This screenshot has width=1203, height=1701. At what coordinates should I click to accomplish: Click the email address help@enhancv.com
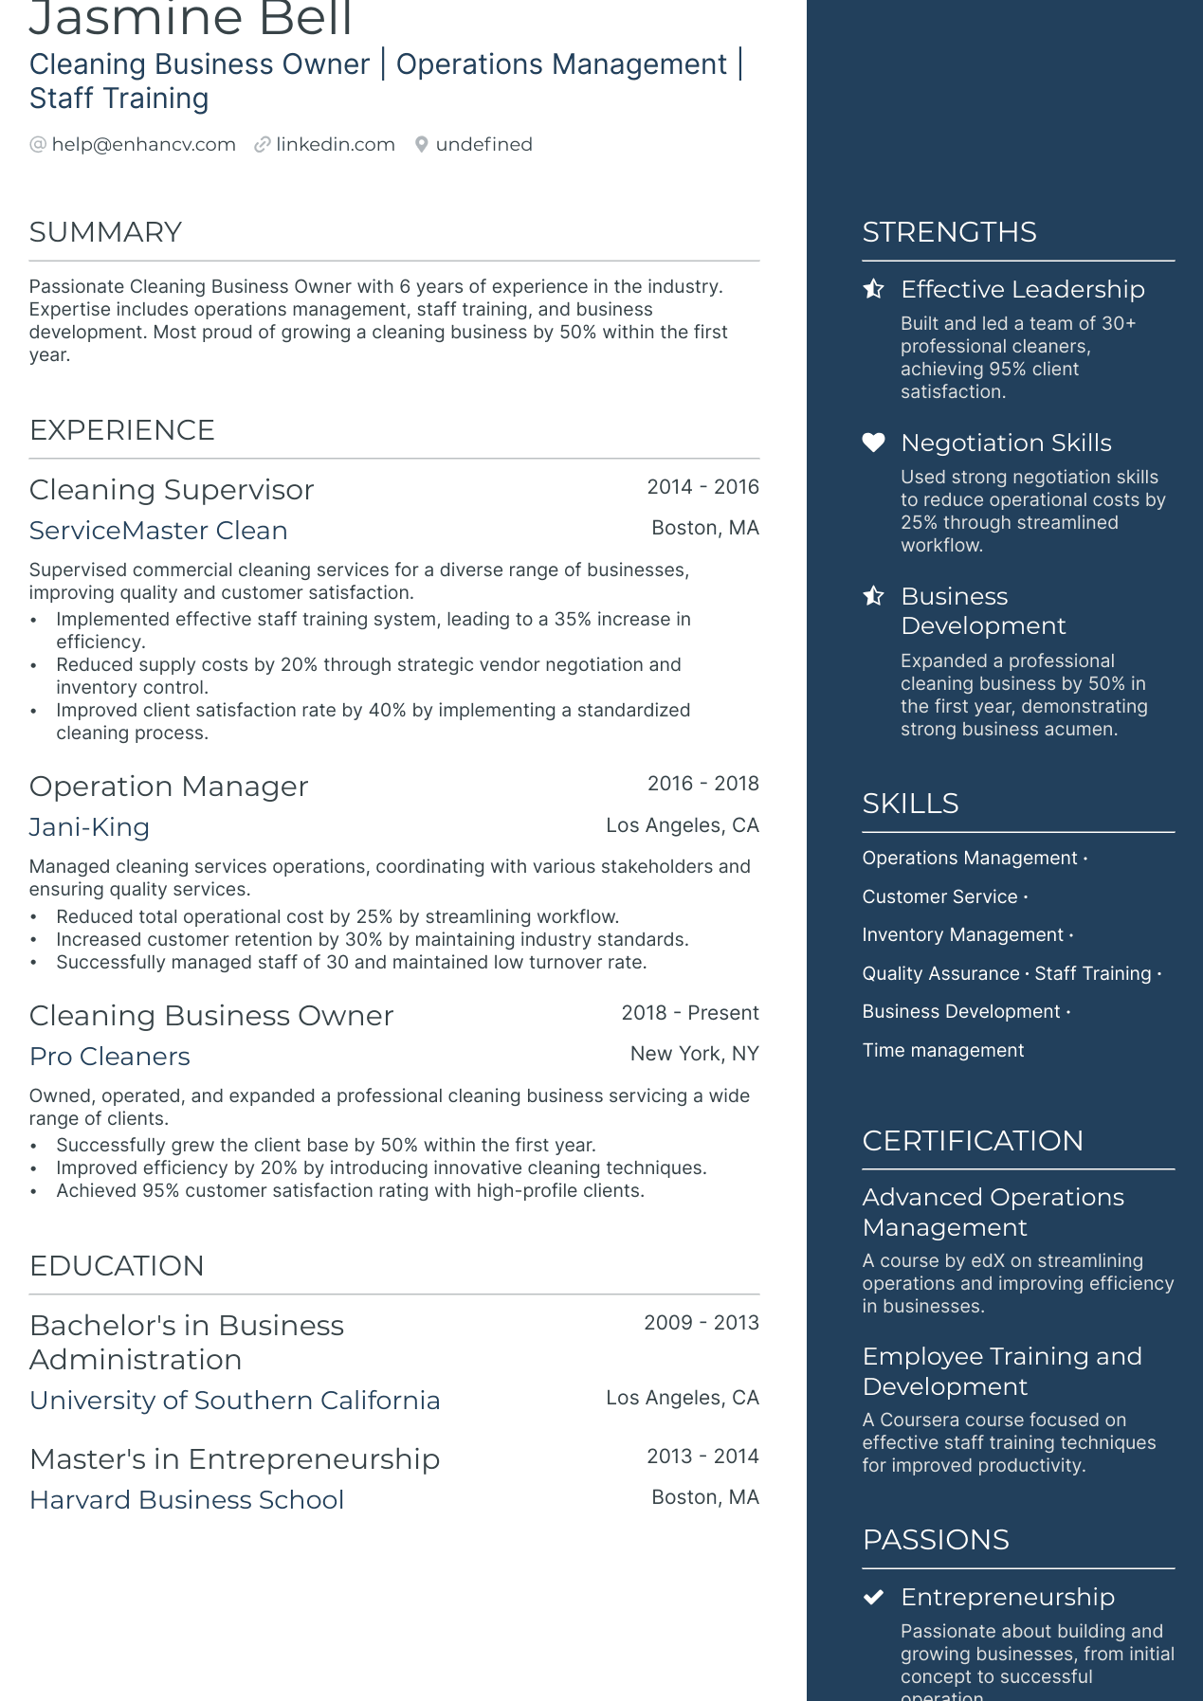coord(143,144)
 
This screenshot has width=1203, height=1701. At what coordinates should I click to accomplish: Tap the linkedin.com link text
coord(336,144)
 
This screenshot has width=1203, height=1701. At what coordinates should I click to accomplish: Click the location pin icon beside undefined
coord(422,144)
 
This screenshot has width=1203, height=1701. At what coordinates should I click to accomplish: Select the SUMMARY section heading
coord(105,232)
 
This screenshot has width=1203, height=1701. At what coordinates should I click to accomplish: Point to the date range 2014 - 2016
coord(702,487)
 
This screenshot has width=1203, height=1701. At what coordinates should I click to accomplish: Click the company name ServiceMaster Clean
coord(158,531)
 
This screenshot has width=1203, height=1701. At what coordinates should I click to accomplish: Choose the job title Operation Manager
coord(169,787)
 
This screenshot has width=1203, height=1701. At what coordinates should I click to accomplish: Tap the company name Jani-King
coord(89,827)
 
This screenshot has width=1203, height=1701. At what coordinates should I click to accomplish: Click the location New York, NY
coord(694,1054)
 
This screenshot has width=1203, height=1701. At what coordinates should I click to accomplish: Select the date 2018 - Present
coord(689,1013)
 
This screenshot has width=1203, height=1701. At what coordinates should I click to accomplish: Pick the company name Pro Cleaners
coord(110,1057)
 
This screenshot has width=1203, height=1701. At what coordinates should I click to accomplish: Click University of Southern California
coord(235,1401)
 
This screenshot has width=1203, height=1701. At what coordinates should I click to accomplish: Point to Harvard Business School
coord(187,1500)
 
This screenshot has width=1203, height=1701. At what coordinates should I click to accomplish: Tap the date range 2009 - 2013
coord(701,1323)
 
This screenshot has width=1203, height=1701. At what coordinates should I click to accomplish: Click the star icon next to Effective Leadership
coord(873,289)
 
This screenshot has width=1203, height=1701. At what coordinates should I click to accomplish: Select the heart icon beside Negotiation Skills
coord(873,443)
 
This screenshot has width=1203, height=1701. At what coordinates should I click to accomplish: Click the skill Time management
coord(942,1050)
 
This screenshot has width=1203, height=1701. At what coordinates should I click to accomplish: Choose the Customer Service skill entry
coord(939,896)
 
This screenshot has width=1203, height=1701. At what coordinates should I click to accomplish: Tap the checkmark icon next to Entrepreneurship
coord(873,1597)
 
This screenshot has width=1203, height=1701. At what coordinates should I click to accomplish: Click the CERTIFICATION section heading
coord(972,1141)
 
